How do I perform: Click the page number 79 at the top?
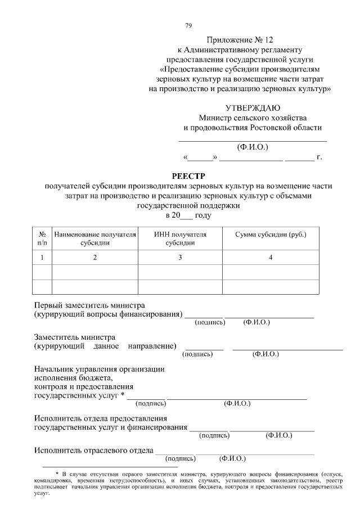point(188,25)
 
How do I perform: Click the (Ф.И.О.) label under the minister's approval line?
point(253,147)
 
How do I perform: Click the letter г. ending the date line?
point(319,157)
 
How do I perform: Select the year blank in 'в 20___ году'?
point(186,216)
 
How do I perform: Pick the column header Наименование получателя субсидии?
point(95,238)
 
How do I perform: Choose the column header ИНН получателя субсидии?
point(180,238)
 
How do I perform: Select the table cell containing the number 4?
point(271,257)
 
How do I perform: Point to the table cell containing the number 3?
point(180,257)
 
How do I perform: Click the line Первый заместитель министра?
point(89,304)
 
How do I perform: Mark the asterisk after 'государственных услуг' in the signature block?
point(123,395)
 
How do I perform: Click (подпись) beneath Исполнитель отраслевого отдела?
point(180,458)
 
